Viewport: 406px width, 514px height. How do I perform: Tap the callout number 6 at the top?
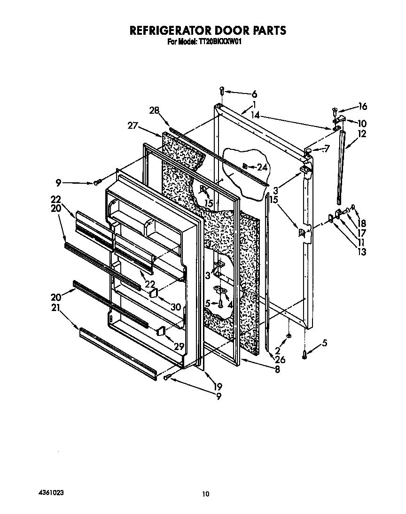(254, 94)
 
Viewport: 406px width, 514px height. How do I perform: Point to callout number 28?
(154, 110)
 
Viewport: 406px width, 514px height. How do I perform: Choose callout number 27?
(133, 125)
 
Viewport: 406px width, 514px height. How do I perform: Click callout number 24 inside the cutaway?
(262, 167)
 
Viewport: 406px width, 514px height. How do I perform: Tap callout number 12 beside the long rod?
(362, 134)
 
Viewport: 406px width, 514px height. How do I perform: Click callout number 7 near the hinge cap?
(326, 149)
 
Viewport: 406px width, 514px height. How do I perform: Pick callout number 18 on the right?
(362, 223)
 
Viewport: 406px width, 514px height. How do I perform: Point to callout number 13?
(362, 252)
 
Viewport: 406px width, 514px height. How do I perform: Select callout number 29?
(179, 346)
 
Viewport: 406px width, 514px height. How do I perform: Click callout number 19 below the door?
(218, 387)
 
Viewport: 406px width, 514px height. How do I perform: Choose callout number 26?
(280, 359)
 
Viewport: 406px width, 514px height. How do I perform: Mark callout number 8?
(277, 370)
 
